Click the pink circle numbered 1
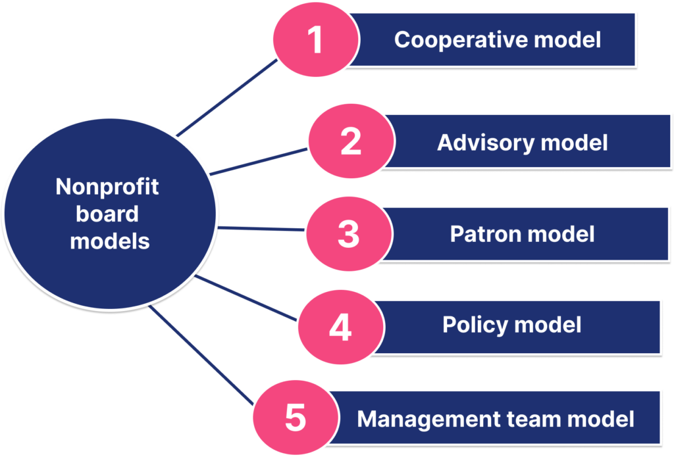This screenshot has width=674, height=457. (316, 39)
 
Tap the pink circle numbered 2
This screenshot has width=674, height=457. (351, 141)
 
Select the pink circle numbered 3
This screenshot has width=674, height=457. (349, 233)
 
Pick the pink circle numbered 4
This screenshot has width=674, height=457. (341, 327)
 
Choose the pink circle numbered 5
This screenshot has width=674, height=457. (296, 418)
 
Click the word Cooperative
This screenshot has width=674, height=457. (461, 40)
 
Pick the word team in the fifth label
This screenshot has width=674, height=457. (533, 419)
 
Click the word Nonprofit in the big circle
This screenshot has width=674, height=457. (107, 187)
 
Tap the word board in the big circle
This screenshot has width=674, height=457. (107, 214)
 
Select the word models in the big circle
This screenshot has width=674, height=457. (110, 241)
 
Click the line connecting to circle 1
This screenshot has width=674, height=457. (227, 98)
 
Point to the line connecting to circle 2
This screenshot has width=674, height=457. (259, 162)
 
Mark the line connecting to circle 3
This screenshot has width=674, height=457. (261, 229)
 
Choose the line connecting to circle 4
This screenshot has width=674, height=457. (246, 298)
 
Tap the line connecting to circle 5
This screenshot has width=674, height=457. (201, 355)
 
